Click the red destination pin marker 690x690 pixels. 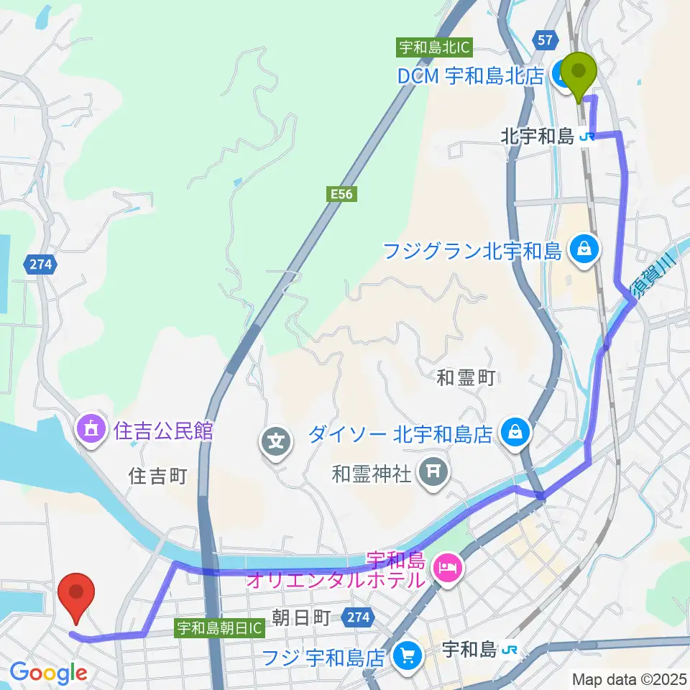click(x=79, y=597)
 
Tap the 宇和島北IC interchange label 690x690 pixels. click(x=434, y=48)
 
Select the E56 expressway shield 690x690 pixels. click(x=343, y=193)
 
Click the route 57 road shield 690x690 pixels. click(x=544, y=40)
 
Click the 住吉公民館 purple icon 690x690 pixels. click(x=91, y=431)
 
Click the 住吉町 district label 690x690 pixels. click(x=157, y=476)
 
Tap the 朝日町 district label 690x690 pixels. click(x=300, y=617)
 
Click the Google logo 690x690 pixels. click(x=49, y=673)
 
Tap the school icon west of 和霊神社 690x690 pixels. click(x=277, y=439)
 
